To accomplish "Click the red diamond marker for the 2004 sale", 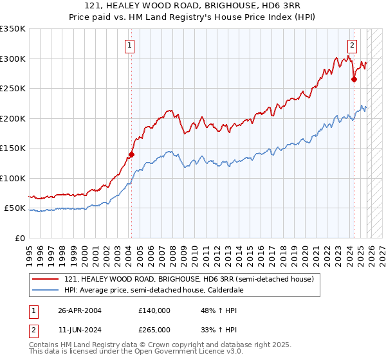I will coord(131,154).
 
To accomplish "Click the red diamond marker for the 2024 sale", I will coord(354,80).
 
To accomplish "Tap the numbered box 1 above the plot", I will coord(131,45).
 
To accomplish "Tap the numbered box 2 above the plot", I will coord(353,45).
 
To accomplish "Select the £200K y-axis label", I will coord(13,118).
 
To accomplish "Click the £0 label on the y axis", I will coord(19,238).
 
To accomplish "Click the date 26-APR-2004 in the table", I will coord(80,310).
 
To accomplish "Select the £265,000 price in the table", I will coord(154,329).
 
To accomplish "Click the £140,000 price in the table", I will coord(154,310).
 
